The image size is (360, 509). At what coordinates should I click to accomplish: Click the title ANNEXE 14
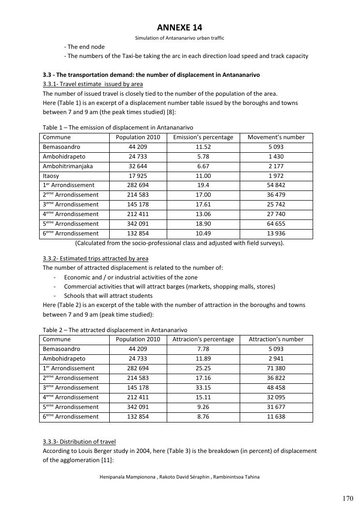(x=179, y=28)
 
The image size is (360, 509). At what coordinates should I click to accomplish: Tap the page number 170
(x=347, y=498)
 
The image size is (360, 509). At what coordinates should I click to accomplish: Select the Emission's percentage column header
(x=203, y=137)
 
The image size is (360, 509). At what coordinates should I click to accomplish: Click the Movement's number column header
(x=276, y=137)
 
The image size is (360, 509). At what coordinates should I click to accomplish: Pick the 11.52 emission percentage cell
(x=203, y=147)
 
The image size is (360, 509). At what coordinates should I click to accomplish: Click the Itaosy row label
(x=51, y=176)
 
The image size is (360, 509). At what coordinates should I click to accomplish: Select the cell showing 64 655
(x=276, y=224)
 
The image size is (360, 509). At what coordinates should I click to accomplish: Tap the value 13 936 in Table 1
(x=276, y=233)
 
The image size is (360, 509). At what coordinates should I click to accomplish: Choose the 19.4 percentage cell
(x=203, y=185)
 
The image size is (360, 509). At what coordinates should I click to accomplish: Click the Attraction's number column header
(x=276, y=339)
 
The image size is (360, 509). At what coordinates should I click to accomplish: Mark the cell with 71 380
(x=276, y=368)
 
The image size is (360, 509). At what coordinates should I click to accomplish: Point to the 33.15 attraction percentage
(x=203, y=388)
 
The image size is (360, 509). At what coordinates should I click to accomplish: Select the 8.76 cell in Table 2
(x=203, y=417)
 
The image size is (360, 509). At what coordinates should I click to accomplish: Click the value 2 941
(x=276, y=359)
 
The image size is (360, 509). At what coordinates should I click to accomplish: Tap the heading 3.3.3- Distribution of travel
(x=79, y=442)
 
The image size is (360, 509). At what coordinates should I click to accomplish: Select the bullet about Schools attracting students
(x=108, y=296)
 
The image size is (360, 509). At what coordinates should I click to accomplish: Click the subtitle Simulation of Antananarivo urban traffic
(x=179, y=38)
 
